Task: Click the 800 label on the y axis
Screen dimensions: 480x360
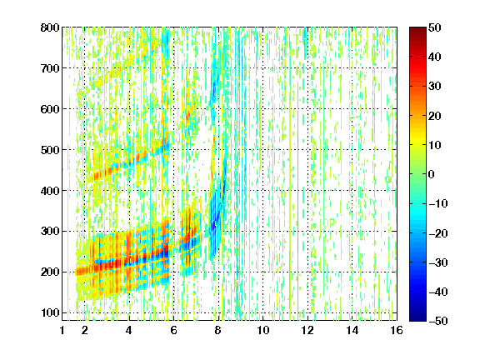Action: (50, 27)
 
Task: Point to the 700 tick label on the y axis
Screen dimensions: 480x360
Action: (50, 68)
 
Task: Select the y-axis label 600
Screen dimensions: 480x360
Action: (50, 109)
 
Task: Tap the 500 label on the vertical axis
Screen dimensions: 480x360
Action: (50, 150)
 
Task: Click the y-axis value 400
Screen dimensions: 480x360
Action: (50, 191)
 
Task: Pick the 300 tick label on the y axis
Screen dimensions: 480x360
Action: (50, 232)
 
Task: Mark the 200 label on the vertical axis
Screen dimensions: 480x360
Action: (50, 272)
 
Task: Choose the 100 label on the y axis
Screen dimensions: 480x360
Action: (50, 312)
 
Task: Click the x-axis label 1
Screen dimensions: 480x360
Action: (62, 330)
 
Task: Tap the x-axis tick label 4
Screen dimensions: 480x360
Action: (129, 330)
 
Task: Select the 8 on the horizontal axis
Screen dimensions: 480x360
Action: (218, 330)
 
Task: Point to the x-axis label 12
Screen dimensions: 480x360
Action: (307, 330)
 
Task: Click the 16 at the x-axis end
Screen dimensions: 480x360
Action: (397, 330)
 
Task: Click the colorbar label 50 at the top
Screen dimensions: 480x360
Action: (435, 27)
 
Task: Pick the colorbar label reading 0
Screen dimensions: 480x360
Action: (432, 174)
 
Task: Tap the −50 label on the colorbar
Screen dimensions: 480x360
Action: (438, 321)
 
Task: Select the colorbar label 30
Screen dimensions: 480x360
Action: (435, 86)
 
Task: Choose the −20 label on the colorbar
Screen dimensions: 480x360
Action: (438, 233)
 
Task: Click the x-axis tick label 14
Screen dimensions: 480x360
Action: (352, 330)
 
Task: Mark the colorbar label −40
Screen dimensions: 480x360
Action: (438, 292)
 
